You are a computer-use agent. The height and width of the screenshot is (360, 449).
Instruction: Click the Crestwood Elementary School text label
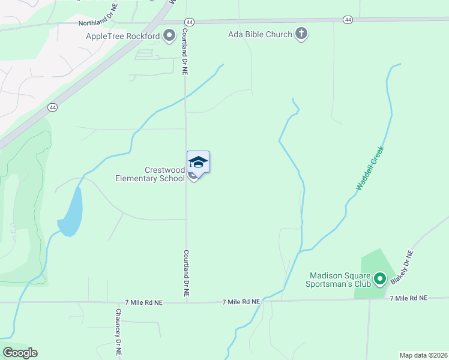[x=150, y=174]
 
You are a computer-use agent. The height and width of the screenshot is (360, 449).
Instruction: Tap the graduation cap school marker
[x=198, y=162]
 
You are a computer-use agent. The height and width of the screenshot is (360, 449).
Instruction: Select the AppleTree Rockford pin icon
[x=169, y=35]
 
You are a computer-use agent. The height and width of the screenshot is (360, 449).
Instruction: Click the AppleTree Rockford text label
[x=123, y=36]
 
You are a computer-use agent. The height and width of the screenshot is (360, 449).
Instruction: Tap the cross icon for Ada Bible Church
[x=301, y=34]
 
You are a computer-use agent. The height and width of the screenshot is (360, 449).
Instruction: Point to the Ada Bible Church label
[x=260, y=34]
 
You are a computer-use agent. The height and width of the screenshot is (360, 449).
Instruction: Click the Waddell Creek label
[x=369, y=169]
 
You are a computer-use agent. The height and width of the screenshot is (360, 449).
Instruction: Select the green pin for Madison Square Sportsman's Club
[x=379, y=278]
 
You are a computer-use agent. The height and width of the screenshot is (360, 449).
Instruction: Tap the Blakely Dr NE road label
[x=402, y=267]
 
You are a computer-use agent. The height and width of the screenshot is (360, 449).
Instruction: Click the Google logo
[x=20, y=353]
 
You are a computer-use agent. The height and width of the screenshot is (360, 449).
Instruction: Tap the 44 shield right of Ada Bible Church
[x=348, y=20]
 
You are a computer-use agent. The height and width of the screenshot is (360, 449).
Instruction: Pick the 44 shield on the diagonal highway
[x=53, y=107]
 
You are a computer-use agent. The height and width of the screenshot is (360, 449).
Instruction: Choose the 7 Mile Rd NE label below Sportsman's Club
[x=408, y=298]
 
